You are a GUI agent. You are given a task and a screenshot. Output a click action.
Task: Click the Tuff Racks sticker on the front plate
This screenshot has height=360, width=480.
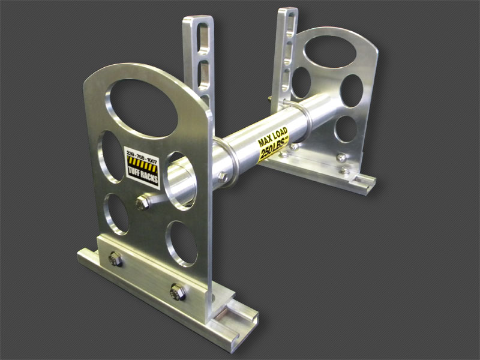[142, 169]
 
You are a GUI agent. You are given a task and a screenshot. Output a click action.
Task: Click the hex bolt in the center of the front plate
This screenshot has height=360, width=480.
[142, 203]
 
